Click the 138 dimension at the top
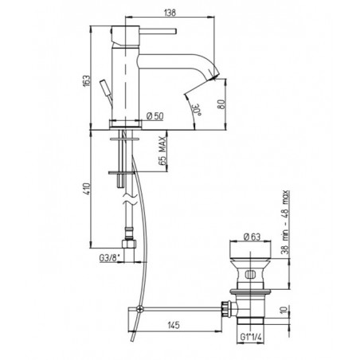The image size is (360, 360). [x=170, y=13]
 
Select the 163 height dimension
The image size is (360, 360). [x=87, y=80]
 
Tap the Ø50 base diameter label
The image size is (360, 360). [x=155, y=116]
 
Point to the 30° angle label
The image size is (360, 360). [x=197, y=110]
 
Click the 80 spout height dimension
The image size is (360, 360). [x=221, y=104]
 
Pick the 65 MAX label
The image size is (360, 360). [x=162, y=151]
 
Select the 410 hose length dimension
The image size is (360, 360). [x=87, y=189]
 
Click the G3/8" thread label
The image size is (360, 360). [x=110, y=257]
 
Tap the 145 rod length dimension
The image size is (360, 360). [x=174, y=325]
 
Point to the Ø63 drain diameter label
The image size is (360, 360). [x=252, y=237]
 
